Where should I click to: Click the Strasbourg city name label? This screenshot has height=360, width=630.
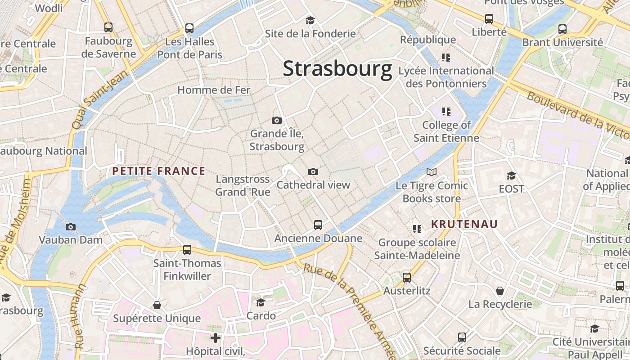[337, 69]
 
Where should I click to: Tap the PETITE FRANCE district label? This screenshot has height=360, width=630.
[158, 171]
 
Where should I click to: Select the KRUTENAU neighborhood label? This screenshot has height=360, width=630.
[464, 224]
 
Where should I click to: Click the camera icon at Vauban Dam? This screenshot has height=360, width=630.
[71, 227]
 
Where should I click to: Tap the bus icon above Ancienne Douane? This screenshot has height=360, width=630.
[318, 225]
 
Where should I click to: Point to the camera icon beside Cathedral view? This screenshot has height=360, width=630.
[313, 171]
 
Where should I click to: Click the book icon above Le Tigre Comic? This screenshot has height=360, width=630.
[432, 172]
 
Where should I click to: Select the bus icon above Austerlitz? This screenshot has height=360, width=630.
[407, 277]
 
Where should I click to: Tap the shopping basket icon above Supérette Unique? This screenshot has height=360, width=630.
[157, 305]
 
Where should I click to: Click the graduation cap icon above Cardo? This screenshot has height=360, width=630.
[261, 302]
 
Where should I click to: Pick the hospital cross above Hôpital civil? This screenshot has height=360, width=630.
[216, 337]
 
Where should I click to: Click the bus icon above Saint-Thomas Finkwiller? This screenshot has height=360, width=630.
[187, 249]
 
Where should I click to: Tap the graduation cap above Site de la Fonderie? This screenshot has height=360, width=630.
[310, 20]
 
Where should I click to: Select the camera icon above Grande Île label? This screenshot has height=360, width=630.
[277, 120]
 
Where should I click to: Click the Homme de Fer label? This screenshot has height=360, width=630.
[214, 90]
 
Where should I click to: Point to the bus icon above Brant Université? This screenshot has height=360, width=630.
[562, 29]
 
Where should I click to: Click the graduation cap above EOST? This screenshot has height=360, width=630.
[511, 175]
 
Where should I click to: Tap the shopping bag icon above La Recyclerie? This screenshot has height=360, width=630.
[500, 291]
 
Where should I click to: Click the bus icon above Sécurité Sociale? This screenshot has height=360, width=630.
[462, 337]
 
